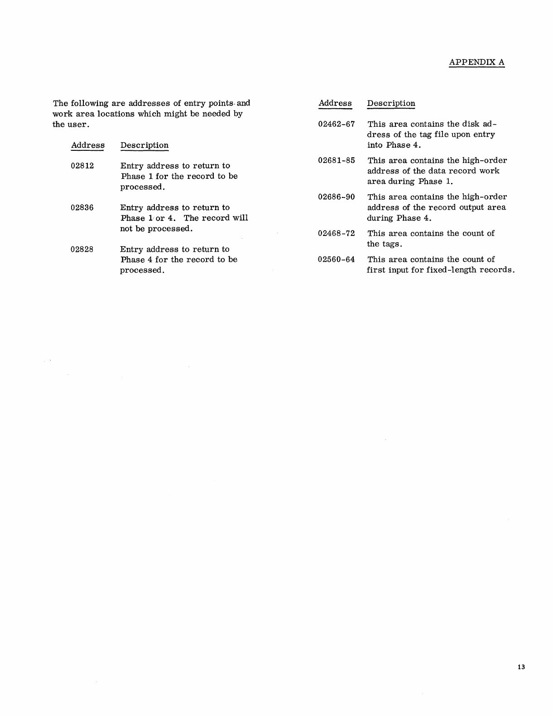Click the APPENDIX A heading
click(476, 62)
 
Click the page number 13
click(521, 667)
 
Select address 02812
click(82, 166)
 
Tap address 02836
click(82, 208)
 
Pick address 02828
click(82, 250)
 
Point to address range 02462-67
click(337, 124)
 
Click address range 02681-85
click(337, 160)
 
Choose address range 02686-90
click(337, 197)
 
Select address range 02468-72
click(337, 234)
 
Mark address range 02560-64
click(337, 259)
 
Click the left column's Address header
click(88, 145)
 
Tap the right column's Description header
click(391, 103)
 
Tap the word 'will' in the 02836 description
click(240, 218)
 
